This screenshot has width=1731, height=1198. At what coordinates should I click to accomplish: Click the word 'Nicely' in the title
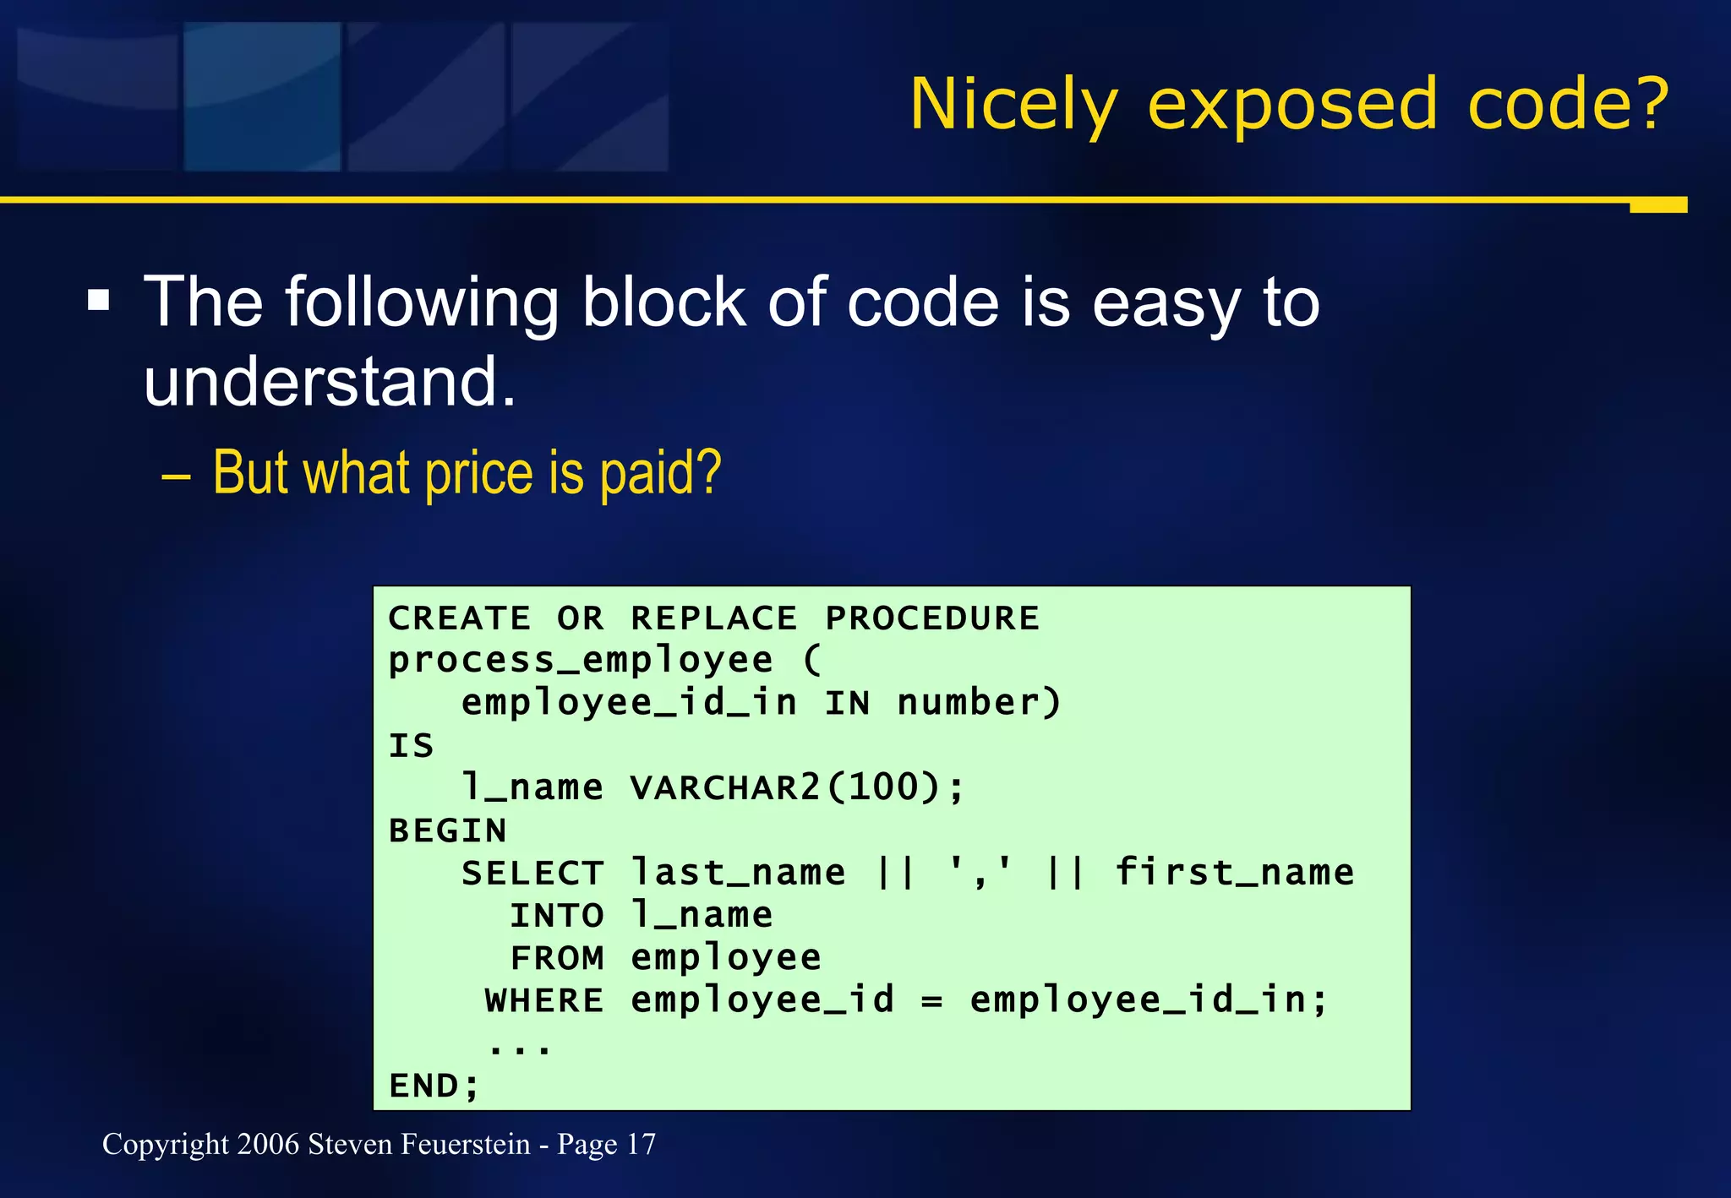click(1013, 105)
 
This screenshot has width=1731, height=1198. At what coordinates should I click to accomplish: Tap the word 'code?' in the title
click(1568, 105)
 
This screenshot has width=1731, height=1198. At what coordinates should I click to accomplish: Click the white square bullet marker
click(99, 300)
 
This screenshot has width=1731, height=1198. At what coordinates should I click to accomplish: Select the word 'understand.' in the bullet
click(330, 381)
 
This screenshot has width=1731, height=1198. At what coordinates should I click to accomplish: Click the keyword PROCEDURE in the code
click(931, 618)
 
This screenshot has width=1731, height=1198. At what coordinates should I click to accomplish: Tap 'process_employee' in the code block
click(581, 661)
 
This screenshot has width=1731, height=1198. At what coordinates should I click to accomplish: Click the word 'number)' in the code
click(979, 703)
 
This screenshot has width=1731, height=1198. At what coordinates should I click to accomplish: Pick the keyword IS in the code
click(411, 746)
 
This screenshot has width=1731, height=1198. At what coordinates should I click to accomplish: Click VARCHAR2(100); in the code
click(796, 788)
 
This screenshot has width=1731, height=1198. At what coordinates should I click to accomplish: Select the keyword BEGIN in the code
click(447, 830)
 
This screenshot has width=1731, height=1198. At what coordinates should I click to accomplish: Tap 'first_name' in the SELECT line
click(1234, 873)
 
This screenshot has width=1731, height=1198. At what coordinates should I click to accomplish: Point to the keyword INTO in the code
click(557, 916)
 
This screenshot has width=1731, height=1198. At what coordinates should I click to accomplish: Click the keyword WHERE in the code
click(544, 1001)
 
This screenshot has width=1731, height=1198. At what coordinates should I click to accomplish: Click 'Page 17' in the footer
click(606, 1145)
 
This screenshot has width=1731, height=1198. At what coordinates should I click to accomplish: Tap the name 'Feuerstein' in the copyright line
click(466, 1145)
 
